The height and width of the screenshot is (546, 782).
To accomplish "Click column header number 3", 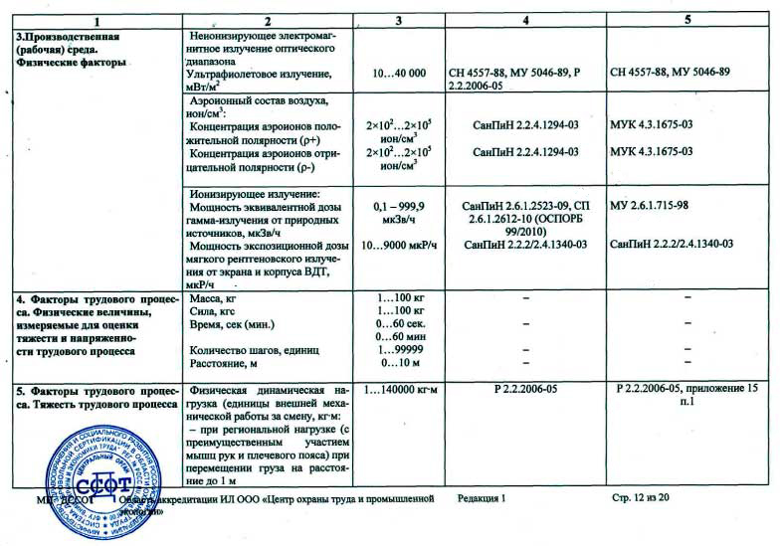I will pos(398,20).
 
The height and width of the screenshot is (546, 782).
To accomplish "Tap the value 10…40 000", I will pos(398,73).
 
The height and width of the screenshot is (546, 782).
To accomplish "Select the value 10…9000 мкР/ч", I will pos(398,244).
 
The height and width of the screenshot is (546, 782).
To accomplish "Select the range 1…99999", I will pos(398,349).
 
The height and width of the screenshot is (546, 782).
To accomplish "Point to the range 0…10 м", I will pos(398,363).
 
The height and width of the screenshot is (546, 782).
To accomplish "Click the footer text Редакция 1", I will pos(483,495).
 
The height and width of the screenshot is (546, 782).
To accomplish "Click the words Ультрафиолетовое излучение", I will pos(259,73).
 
